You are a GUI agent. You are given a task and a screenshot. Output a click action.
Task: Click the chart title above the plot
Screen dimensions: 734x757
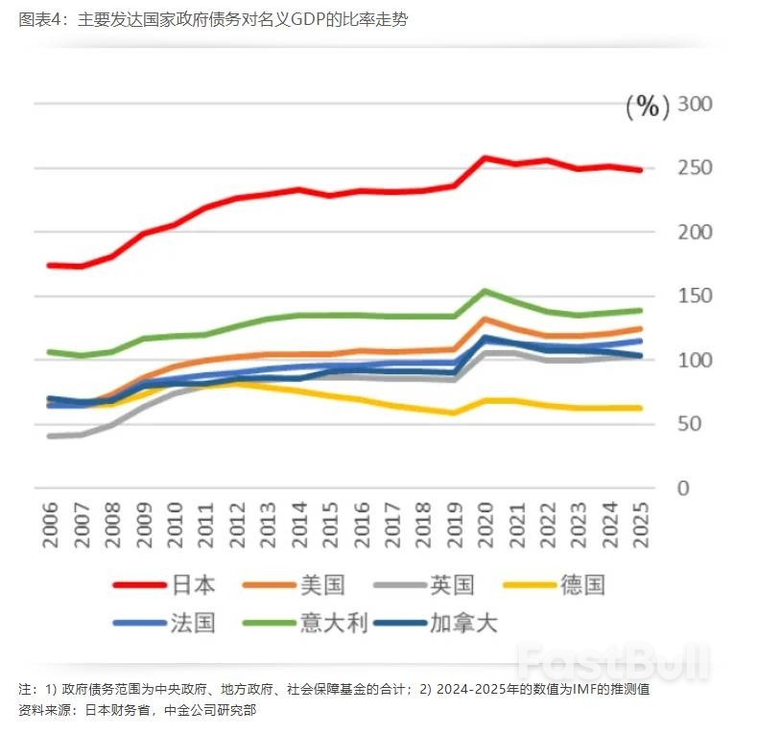pos(213,19)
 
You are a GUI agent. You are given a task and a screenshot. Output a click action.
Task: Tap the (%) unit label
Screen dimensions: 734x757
pos(648,107)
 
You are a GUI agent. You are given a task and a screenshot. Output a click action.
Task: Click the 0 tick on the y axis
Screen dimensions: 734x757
pos(683,488)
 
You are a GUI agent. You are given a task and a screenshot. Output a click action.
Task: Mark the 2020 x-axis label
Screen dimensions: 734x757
pos(485,524)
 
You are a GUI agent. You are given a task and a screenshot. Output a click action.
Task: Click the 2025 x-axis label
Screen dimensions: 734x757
pos(641,524)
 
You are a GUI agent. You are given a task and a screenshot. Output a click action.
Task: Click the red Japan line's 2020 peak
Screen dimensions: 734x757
pos(485,157)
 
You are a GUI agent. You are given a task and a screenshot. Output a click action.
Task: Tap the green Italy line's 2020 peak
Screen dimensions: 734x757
pos(485,291)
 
